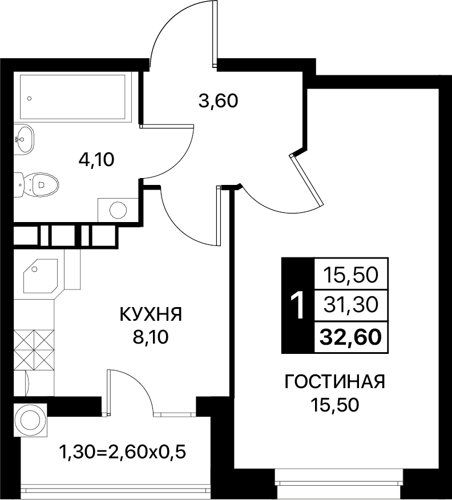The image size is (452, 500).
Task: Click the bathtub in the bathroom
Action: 76,97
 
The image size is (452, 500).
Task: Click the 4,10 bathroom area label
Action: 96,160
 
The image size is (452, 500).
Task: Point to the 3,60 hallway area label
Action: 219,102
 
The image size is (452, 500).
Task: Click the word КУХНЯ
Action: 151,314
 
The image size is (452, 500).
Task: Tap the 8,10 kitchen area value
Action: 151,337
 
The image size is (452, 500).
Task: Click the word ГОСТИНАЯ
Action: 334,382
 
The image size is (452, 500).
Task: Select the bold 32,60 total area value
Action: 350,337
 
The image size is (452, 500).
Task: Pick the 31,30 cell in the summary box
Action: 350,305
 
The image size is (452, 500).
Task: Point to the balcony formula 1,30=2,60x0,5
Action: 123,452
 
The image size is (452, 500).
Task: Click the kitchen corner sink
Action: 41,276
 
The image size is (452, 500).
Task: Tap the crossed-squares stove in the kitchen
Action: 34,350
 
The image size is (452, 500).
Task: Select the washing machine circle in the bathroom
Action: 118,209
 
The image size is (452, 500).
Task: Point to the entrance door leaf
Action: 215,34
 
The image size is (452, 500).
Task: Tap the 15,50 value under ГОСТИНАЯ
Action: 334,405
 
